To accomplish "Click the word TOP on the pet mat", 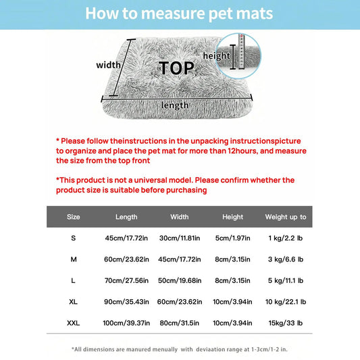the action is [x=176, y=68].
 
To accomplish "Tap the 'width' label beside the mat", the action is [x=108, y=65].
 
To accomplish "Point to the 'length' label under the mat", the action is [x=175, y=105].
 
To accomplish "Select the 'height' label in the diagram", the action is [x=217, y=56].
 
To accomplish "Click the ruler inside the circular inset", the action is [x=242, y=51].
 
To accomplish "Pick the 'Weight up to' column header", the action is [x=286, y=217].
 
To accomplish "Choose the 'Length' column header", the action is [x=126, y=217].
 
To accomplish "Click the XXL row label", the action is [x=73, y=323].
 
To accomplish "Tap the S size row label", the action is [x=73, y=238].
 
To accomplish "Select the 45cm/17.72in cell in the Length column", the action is [x=126, y=238].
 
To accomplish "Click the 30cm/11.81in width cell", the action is [x=180, y=238].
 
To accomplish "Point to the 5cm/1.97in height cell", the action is [x=232, y=238].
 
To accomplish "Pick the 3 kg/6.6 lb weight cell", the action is [x=286, y=259].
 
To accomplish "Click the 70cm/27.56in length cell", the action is [x=126, y=280].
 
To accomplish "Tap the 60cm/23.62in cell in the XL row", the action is [x=180, y=302].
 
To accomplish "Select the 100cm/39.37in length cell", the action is [x=126, y=323].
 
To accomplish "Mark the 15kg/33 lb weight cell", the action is [x=286, y=323].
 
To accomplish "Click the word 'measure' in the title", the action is [x=173, y=14].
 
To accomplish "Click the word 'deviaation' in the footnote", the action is [x=211, y=349].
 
